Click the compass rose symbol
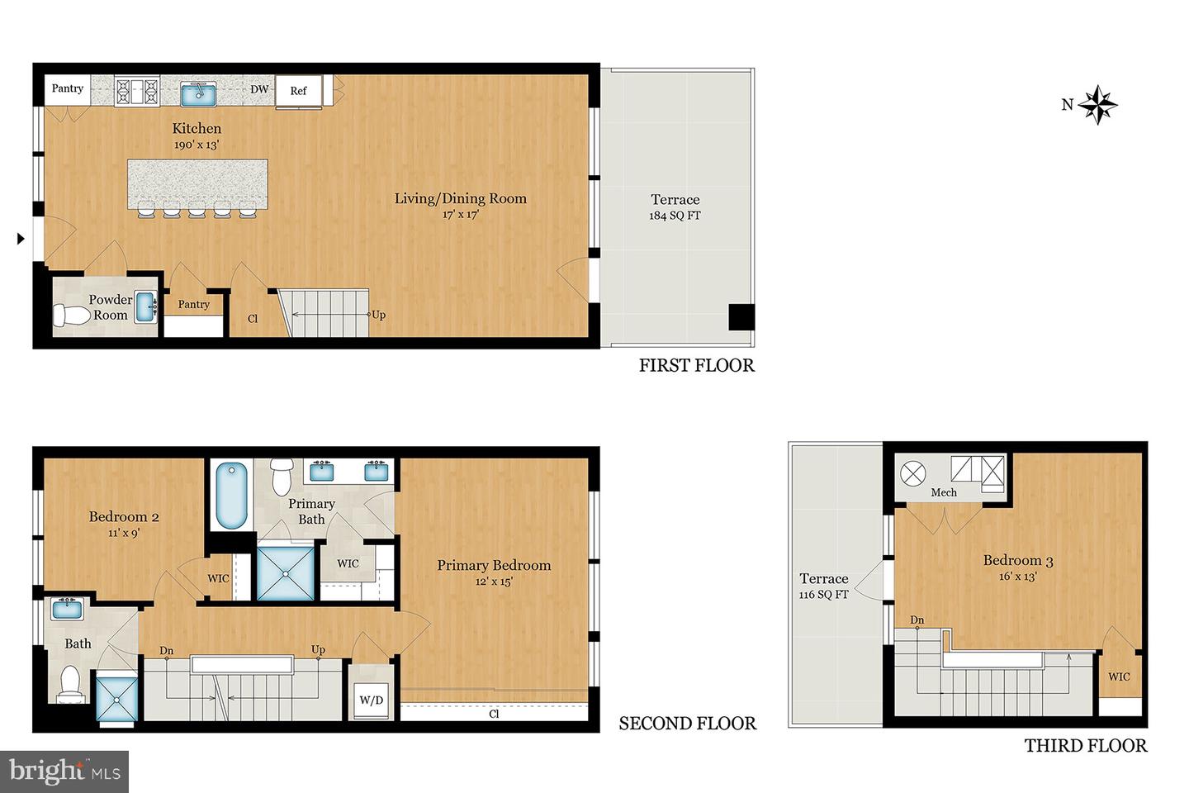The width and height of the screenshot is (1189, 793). click(1098, 105)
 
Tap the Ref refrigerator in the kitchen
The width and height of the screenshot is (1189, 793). click(298, 91)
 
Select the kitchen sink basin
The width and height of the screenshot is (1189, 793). click(199, 93)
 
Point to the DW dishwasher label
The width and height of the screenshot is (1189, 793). click(259, 89)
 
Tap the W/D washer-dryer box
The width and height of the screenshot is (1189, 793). click(372, 700)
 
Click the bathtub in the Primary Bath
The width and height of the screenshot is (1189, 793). click(231, 496)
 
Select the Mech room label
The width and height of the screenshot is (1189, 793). click(944, 492)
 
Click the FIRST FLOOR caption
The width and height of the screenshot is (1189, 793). click(696, 365)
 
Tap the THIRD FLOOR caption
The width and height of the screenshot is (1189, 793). click(1085, 746)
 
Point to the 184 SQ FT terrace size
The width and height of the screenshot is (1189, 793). click(675, 216)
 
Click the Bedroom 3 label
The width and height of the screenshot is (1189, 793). click(1017, 561)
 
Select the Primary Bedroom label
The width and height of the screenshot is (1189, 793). click(494, 565)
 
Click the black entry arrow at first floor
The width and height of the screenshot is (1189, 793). click(21, 239)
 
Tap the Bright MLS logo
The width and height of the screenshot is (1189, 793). click(64, 772)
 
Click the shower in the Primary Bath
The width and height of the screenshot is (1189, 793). click(286, 572)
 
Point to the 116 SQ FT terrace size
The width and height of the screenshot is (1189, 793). click(823, 595)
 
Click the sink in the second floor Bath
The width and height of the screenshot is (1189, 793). click(67, 610)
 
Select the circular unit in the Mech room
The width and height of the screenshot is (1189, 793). click(913, 473)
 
